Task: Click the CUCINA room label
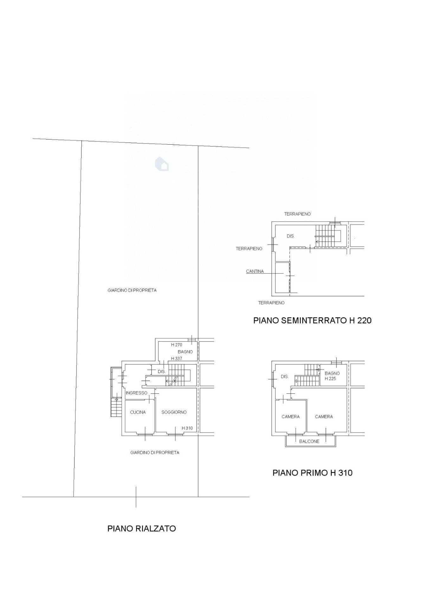tap(138, 412)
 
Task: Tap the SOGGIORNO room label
tap(174, 412)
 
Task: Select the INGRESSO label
tap(137, 393)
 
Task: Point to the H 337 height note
tap(176, 358)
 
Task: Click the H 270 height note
tap(176, 345)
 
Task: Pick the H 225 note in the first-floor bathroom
tap(330, 379)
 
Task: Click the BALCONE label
tap(309, 442)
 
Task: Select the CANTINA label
tap(255, 272)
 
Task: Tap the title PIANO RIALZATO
tap(142, 529)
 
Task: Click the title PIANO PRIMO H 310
tap(312, 473)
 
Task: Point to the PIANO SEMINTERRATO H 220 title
tap(312, 320)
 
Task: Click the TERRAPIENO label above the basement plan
tap(297, 214)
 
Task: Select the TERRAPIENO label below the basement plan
tap(271, 303)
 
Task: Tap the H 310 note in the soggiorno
tap(187, 428)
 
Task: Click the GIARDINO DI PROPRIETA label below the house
tap(155, 453)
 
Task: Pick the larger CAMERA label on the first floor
tap(324, 417)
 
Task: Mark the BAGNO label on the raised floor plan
tap(185, 352)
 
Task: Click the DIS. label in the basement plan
tap(291, 236)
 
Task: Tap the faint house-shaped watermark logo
tap(162, 164)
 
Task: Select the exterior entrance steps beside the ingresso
tap(116, 407)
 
